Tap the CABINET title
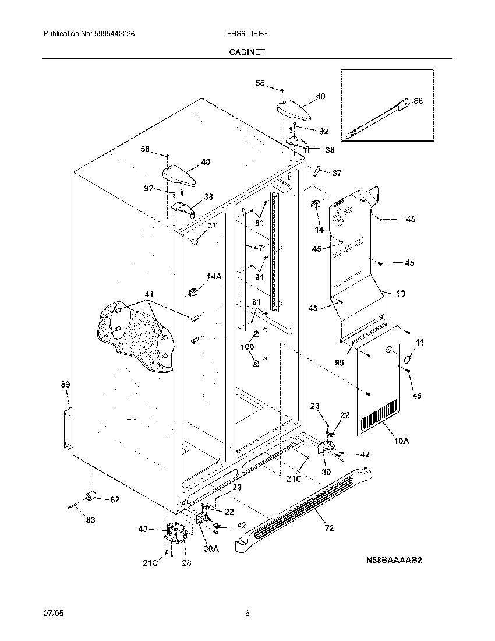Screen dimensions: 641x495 pyautogui.click(x=247, y=52)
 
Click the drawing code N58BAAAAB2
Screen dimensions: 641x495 pyautogui.click(x=394, y=560)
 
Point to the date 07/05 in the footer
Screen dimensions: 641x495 pyautogui.click(x=52, y=614)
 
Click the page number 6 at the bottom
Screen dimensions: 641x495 pyautogui.click(x=248, y=614)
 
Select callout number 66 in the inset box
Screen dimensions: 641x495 pyautogui.click(x=418, y=101)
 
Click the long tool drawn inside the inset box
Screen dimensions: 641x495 pyautogui.click(x=373, y=121)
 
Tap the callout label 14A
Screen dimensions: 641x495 pyautogui.click(x=213, y=276)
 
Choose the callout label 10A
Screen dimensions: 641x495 pyautogui.click(x=401, y=441)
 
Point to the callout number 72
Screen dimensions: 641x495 pyautogui.click(x=329, y=528)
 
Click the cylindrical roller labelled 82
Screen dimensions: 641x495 pyautogui.click(x=90, y=496)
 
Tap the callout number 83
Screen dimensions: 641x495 pyautogui.click(x=90, y=519)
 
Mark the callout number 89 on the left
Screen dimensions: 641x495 pyautogui.click(x=65, y=384)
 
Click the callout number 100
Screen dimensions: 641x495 pyautogui.click(x=248, y=347)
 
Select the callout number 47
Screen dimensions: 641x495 pyautogui.click(x=258, y=247)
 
